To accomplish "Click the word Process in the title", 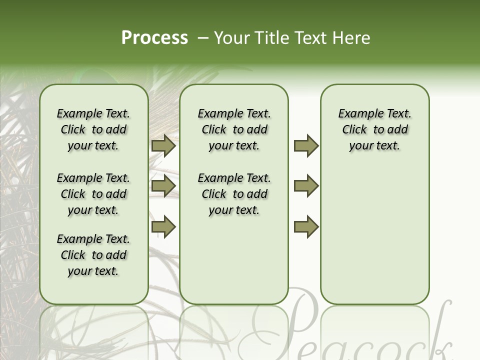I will tap(154, 38).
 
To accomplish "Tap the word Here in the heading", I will tap(351, 38).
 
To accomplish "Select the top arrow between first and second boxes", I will tap(163, 145).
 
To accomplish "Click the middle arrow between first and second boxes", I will tap(163, 186).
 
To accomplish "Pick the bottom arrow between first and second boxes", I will tap(163, 226).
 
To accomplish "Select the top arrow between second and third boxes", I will tap(306, 145).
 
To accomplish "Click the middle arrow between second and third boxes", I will tap(306, 186).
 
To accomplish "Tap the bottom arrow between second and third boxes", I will tap(306, 226).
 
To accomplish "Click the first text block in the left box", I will tap(93, 129).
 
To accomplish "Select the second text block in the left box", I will tap(93, 194).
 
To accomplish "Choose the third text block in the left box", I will tap(93, 255).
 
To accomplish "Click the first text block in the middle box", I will tap(234, 129).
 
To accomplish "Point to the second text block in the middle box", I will tap(234, 194).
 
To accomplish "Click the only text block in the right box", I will tap(375, 129).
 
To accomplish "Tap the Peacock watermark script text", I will tap(350, 330).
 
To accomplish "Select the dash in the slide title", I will tap(202, 38).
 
